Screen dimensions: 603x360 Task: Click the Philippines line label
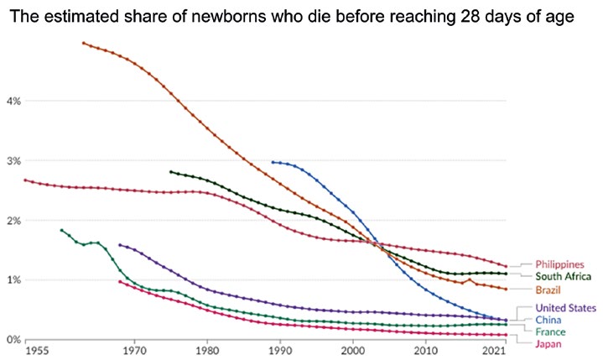(559, 264)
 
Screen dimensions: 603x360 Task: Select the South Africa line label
(563, 276)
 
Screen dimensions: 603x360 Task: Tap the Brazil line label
(548, 290)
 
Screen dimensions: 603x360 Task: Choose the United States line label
(566, 308)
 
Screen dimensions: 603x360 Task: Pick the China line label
(548, 320)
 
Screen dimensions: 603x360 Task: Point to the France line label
(550, 331)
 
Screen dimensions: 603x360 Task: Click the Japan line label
(548, 344)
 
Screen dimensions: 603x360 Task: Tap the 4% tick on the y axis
(13, 102)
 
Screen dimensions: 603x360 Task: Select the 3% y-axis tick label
(13, 161)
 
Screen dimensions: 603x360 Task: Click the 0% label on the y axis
(13, 340)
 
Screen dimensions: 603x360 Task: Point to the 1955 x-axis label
(37, 351)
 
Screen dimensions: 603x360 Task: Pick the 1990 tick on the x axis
(280, 351)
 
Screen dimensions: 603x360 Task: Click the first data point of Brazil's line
(84, 43)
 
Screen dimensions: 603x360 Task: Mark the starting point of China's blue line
(273, 162)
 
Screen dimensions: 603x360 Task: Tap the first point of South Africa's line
(171, 172)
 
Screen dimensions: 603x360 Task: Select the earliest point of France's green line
(61, 230)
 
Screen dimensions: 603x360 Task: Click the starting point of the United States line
(120, 245)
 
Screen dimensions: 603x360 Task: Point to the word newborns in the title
(228, 17)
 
